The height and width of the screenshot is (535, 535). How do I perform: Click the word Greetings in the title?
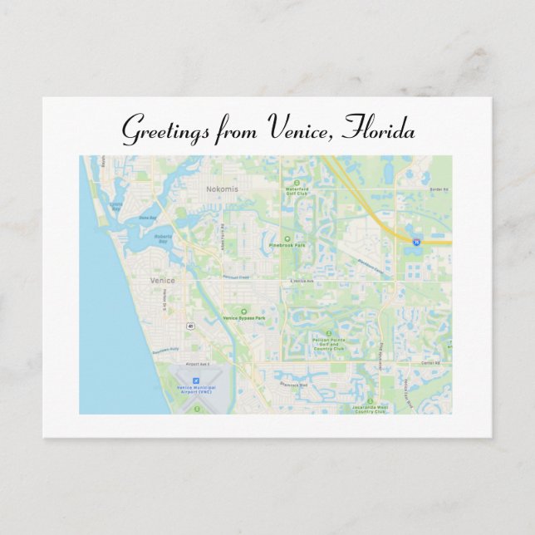point(164,130)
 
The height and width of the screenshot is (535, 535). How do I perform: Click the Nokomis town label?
point(222,189)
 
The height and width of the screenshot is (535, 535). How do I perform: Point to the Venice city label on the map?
point(162,281)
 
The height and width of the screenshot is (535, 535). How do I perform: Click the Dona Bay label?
point(147,218)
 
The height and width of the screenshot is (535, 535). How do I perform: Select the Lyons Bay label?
point(115,204)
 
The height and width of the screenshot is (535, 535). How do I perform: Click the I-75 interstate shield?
point(415,242)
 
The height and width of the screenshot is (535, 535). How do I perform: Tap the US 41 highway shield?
point(190,325)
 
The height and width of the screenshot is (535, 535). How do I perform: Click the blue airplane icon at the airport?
point(196,380)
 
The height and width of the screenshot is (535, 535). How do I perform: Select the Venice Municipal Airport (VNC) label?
point(196,390)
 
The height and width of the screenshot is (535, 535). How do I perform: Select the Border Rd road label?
point(439,189)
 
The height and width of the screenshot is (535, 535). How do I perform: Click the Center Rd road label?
point(429,363)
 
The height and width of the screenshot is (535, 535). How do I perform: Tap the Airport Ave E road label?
point(198,364)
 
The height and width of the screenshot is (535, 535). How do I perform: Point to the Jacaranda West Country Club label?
point(370,409)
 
